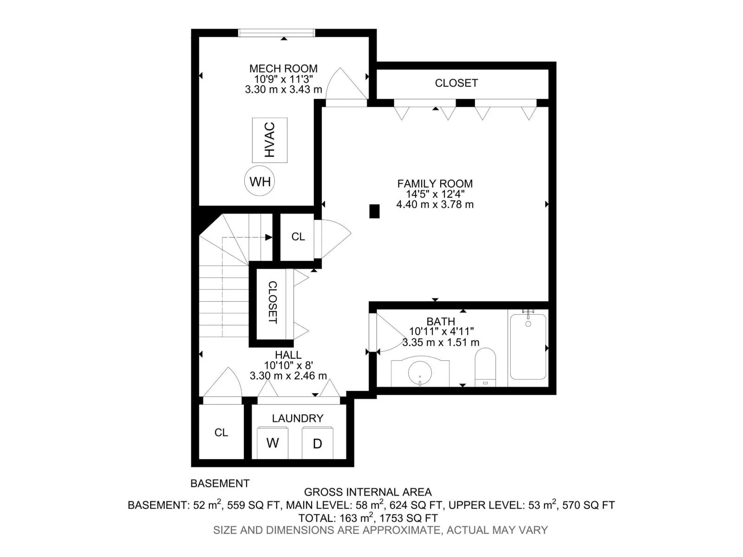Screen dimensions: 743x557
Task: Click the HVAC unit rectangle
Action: point(269,140)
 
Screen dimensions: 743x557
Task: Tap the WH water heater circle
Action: point(259,181)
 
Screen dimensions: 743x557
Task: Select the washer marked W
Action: point(273,443)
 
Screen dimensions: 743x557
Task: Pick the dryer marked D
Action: point(317,443)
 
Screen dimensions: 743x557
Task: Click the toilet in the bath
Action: point(485,367)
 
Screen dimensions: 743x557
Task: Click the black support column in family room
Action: point(374,211)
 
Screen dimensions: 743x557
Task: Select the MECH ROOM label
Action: point(283,69)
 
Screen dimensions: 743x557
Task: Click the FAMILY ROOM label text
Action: point(435,184)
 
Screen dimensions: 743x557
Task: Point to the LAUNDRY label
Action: point(298,418)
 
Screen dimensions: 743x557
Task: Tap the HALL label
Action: point(288,355)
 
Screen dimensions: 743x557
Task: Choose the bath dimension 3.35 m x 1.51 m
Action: point(441,342)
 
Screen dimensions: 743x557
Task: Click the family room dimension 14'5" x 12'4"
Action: point(435,194)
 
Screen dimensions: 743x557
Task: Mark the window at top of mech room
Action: point(277,33)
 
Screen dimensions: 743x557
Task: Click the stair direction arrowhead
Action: point(269,237)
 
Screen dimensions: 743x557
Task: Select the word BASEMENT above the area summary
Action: point(220,483)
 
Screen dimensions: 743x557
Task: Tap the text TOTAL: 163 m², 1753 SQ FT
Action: point(368,518)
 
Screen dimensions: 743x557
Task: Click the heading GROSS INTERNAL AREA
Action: point(368,492)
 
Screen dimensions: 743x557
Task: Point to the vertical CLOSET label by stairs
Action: point(273,302)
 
